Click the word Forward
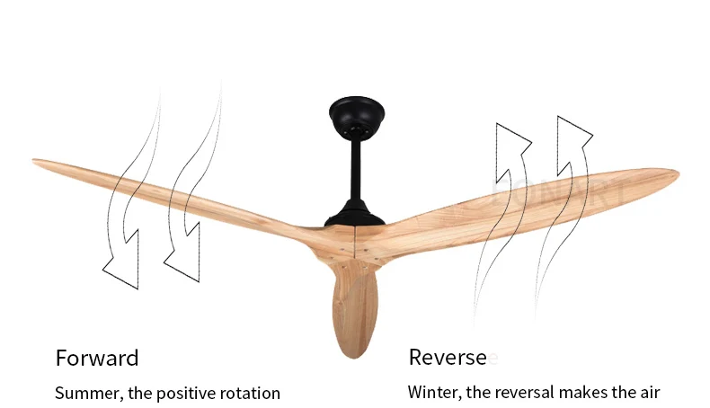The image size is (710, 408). pyautogui.click(x=97, y=358)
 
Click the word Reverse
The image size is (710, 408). pyautogui.click(x=448, y=358)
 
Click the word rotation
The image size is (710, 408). pyautogui.click(x=249, y=393)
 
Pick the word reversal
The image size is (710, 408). pyautogui.click(x=519, y=393)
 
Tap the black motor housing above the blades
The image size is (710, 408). pyautogui.click(x=353, y=213)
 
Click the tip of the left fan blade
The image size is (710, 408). pyautogui.click(x=38, y=164)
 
